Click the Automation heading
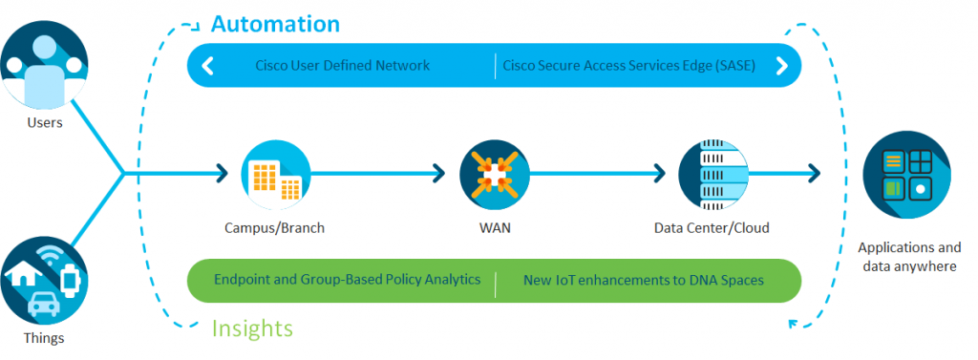[x=275, y=23]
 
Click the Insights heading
[x=251, y=328]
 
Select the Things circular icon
[x=44, y=280]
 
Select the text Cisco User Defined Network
[x=343, y=66]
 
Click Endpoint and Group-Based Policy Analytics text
[x=347, y=282]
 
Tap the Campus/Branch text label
[x=274, y=228]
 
